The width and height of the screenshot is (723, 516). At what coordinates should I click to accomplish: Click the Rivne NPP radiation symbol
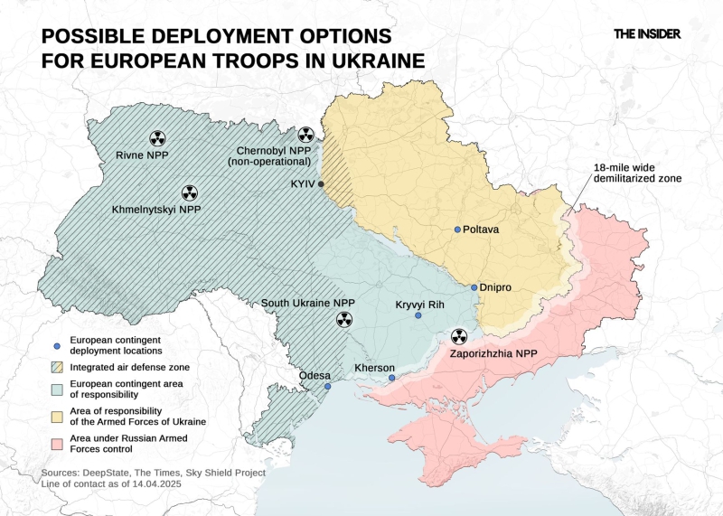[157, 137]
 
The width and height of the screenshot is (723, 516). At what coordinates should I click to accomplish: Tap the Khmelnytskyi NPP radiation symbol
[189, 192]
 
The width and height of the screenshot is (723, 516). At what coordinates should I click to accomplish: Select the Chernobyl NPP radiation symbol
[306, 135]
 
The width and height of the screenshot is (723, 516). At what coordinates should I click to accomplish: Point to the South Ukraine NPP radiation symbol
[343, 319]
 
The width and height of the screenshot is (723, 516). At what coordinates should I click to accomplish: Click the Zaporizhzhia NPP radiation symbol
[459, 336]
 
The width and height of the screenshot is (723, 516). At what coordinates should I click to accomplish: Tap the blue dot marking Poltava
[457, 230]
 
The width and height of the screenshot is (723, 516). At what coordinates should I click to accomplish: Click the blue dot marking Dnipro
[474, 287]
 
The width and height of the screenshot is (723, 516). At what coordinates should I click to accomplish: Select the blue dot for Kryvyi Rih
[418, 315]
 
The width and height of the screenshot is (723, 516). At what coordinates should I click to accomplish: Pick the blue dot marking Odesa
[327, 386]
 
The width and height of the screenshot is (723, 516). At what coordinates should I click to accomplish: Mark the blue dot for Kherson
[391, 378]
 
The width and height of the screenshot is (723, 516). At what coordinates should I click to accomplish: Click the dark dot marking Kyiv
[321, 183]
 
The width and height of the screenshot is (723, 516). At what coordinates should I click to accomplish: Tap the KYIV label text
[302, 183]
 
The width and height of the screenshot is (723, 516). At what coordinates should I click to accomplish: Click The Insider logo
[646, 33]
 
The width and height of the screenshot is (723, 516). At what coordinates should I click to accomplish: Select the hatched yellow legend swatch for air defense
[56, 366]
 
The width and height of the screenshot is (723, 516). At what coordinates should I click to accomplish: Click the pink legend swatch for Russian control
[56, 443]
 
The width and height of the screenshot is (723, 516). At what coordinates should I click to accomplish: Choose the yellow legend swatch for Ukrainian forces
[56, 417]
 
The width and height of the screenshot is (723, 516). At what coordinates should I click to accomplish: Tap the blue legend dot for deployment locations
[56, 344]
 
